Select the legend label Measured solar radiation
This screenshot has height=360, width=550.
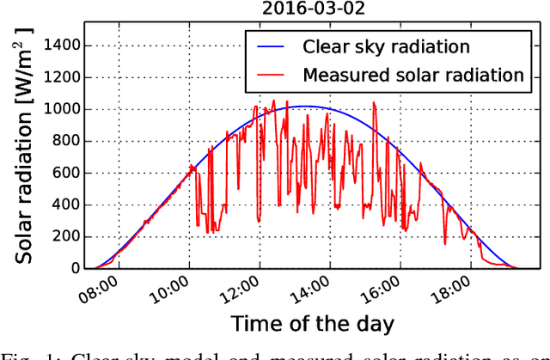pos(413,75)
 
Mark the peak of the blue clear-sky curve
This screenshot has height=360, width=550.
pos(305,107)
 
